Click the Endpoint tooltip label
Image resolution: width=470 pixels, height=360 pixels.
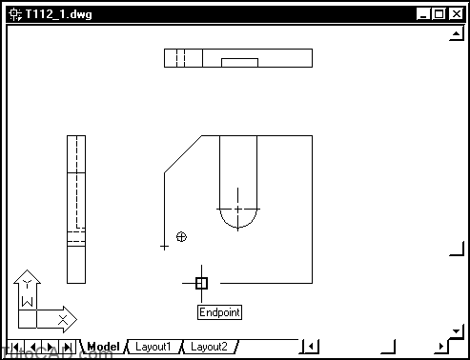coord(219,312)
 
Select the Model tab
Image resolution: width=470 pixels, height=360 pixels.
coord(103,347)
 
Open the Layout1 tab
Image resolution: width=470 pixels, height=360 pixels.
coord(153,347)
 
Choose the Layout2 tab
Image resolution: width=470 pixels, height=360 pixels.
coord(208,347)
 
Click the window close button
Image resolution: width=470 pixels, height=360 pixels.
coord(454,14)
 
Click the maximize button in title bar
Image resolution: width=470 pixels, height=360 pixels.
coord(439,14)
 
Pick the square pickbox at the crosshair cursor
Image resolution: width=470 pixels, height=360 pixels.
coord(201,283)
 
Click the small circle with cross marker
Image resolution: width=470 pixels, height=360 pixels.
coord(181,236)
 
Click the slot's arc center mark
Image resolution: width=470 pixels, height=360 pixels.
coord(237,209)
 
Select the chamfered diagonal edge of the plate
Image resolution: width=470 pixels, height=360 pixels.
coord(183,154)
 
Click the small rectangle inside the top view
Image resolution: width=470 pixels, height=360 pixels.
coord(239,63)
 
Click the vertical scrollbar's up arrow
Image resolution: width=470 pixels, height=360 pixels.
coord(455,35)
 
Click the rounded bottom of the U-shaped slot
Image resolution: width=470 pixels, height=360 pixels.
coord(237,228)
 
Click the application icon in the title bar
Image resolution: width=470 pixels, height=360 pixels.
coord(15,14)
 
